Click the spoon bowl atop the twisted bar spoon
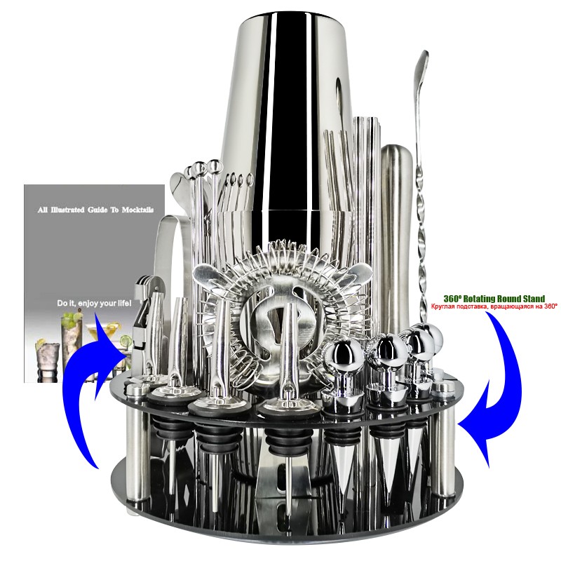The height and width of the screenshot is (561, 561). (x=422, y=72)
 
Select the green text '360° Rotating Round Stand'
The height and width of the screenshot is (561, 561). (x=494, y=299)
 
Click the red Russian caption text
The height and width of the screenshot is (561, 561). (x=494, y=306)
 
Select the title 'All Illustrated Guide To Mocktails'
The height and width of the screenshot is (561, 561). (x=95, y=210)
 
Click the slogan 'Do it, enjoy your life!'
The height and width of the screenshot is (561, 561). (x=94, y=304)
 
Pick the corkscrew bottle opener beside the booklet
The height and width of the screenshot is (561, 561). (x=142, y=322)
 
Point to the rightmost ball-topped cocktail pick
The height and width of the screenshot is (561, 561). (x=215, y=215)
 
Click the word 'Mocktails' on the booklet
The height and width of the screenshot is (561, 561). (x=137, y=210)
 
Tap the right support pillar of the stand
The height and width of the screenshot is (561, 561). (x=444, y=440)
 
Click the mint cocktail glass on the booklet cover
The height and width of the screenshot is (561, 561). (x=71, y=340)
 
